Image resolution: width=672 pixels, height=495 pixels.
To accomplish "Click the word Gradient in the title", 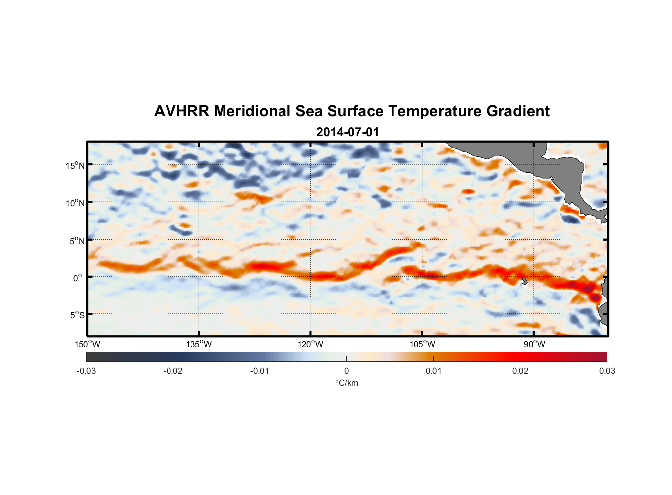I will point(518,111).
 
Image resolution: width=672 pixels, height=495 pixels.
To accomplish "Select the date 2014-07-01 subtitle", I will point(347,132).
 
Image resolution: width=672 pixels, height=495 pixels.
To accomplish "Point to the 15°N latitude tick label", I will point(75,165).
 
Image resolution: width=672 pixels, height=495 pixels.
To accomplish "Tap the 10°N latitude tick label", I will point(75,203).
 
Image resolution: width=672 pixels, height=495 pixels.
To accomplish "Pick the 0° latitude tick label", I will point(78,278).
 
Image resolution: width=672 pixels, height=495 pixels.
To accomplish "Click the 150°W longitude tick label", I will point(88,344).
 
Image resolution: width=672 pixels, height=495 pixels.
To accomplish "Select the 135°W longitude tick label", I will point(199,344).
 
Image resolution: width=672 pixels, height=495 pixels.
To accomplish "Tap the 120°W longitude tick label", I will point(311,344).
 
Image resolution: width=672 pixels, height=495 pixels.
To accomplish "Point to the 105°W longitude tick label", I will point(422,344).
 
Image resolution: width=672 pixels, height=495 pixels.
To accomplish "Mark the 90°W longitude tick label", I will point(534,344).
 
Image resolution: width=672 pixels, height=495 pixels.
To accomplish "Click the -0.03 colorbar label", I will point(86,371).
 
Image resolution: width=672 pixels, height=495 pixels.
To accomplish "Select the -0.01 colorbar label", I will point(260,371).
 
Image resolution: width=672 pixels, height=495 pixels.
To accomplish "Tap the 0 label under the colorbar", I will point(346,371).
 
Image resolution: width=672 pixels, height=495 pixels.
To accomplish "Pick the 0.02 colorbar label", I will point(520,371).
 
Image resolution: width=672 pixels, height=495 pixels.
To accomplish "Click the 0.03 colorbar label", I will point(607,371).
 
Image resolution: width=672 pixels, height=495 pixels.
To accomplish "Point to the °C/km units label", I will point(347,383).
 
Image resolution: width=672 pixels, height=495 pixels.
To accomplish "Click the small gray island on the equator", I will point(524,281).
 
